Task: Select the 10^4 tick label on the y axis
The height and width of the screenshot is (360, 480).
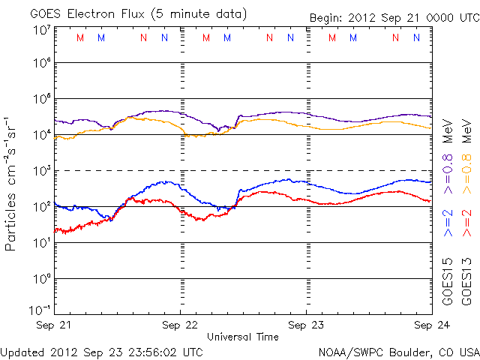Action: pyautogui.click(x=42, y=134)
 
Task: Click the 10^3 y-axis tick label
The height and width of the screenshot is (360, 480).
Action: pyautogui.click(x=42, y=170)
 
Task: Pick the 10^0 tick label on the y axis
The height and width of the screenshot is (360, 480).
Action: pyautogui.click(x=42, y=278)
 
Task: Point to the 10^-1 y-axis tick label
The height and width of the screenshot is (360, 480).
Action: pyautogui.click(x=42, y=310)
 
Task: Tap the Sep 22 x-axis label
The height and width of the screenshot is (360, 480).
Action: pyautogui.click(x=180, y=325)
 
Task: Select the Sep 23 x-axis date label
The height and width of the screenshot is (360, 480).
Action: pyautogui.click(x=305, y=325)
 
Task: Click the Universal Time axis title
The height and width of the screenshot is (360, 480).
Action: pyautogui.click(x=242, y=337)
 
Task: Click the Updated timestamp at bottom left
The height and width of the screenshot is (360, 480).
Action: pyautogui.click(x=101, y=351)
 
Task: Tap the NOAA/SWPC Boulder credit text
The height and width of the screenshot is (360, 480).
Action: pyautogui.click(x=398, y=351)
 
